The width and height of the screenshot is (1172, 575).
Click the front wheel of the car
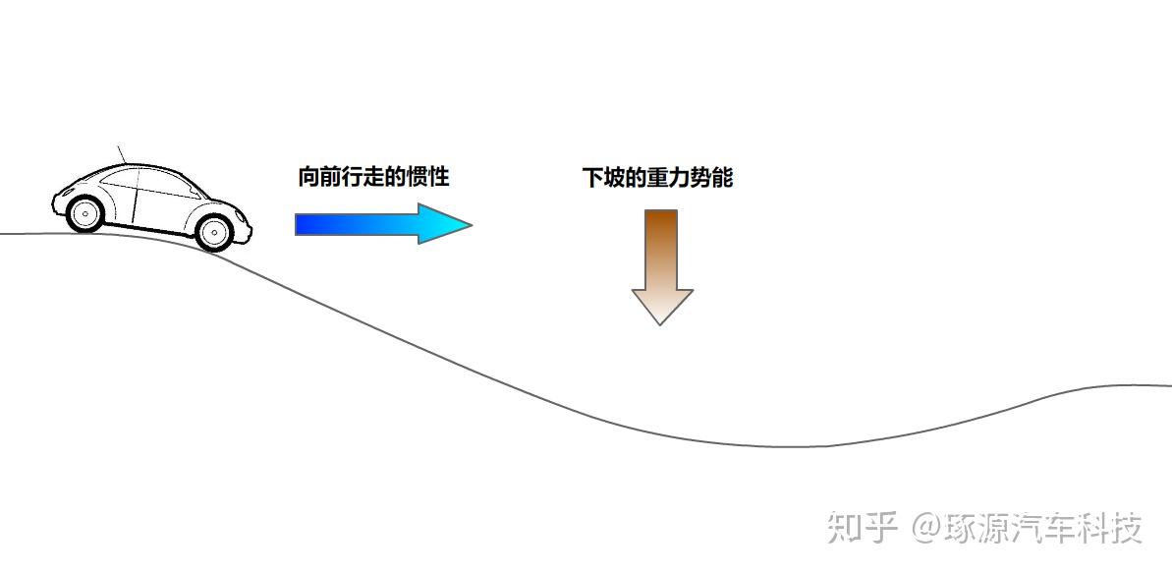tap(214, 231)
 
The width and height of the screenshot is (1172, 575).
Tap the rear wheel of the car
tap(86, 212)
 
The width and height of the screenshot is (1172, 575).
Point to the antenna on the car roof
tap(122, 153)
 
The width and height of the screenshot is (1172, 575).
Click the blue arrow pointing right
tap(382, 224)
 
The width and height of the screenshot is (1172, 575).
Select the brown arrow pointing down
tap(661, 265)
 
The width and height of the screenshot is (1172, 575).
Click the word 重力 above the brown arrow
tap(657, 178)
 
